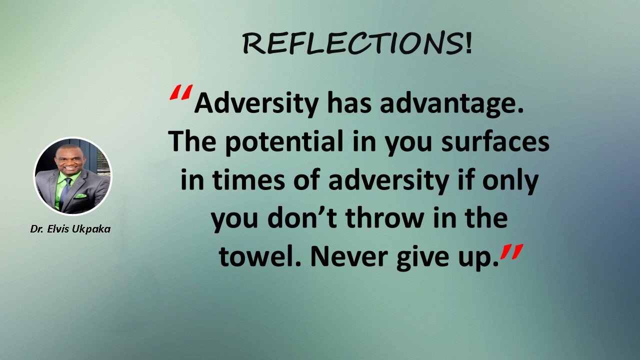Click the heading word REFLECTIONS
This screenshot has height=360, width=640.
pos(351,43)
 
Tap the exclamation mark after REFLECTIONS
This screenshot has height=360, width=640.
pos(468,42)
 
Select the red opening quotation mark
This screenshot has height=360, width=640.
pos(181,92)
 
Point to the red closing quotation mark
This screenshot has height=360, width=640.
pos(511,251)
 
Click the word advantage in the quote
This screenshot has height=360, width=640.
pos(451,104)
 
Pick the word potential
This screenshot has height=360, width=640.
pos(284,142)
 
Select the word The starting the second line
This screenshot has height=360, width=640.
pos(192,141)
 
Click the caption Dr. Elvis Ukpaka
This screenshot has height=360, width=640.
pos(70,229)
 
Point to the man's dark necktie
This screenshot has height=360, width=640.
pos(65,191)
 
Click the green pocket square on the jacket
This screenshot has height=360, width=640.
pos(80,196)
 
